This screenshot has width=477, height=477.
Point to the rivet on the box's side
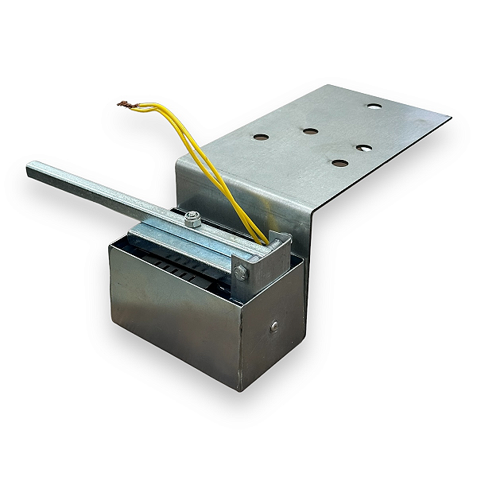tap(274, 325)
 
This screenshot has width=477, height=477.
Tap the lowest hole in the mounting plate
tap(340, 163)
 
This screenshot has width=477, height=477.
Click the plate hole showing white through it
tap(364, 149)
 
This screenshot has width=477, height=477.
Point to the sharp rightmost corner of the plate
tap(450, 118)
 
